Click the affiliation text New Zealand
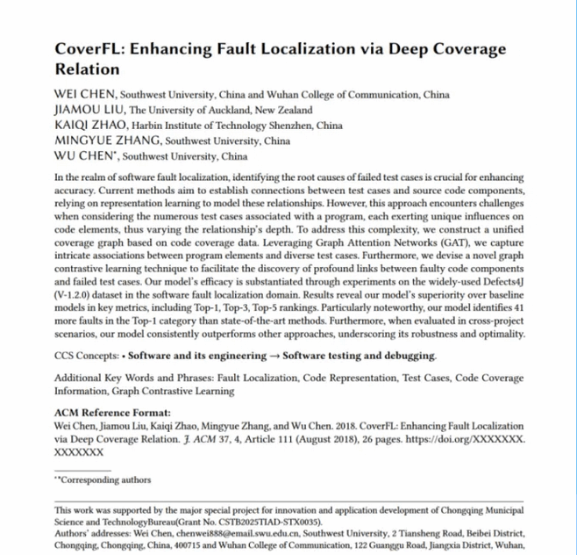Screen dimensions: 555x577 click(282, 111)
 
